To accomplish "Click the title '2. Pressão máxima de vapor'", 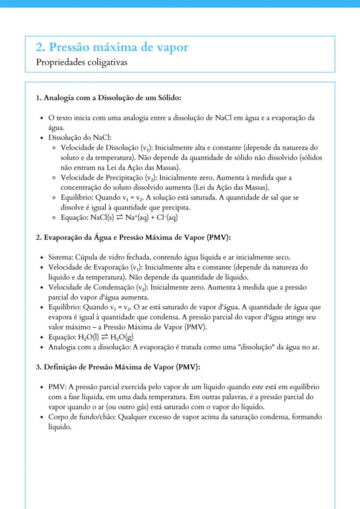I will coord(112,47).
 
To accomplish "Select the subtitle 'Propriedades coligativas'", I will coord(82,62).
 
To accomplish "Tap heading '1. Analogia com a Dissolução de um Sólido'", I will coord(108,98).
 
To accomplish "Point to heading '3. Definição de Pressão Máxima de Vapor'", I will coord(118,367).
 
